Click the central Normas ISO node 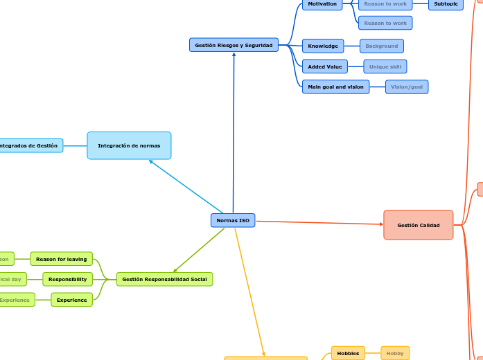(x=233, y=220)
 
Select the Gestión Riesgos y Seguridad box (x=234, y=45)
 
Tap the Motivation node (x=322, y=4)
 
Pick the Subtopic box (x=446, y=4)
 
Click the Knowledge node (x=323, y=46)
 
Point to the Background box (x=382, y=46)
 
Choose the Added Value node (x=325, y=66)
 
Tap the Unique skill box (x=385, y=66)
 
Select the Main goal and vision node (x=335, y=87)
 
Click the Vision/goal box (x=407, y=87)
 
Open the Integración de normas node (x=129, y=145)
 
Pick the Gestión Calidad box (x=419, y=225)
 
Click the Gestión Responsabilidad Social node (x=164, y=279)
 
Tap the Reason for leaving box (x=61, y=259)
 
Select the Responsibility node (x=67, y=279)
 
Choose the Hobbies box (x=348, y=353)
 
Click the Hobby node (x=395, y=353)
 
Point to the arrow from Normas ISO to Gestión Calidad (x=319, y=223)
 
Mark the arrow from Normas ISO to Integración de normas (x=186, y=187)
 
